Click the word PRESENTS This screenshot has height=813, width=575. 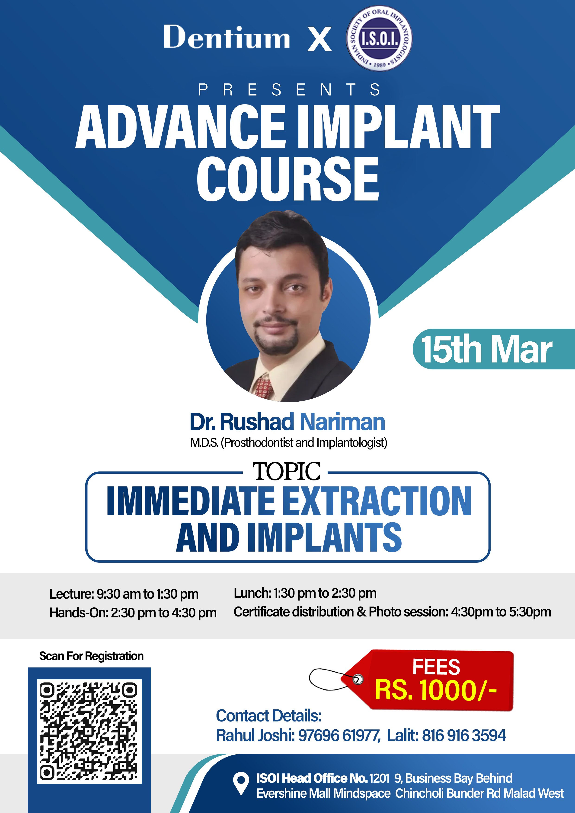point(289,90)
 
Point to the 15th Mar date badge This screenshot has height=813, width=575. point(494,349)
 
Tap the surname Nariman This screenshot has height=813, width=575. point(342,422)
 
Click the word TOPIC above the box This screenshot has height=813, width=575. point(286,471)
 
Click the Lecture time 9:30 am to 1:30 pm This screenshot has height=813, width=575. point(147,594)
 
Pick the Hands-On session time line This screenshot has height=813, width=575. point(133,613)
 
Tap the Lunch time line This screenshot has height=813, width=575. point(305,593)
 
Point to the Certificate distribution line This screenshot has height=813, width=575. point(392,612)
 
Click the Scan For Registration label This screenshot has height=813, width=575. point(91,656)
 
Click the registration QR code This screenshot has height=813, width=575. point(90,731)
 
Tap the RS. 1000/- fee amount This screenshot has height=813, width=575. point(436,690)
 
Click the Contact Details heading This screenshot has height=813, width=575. point(268,716)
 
